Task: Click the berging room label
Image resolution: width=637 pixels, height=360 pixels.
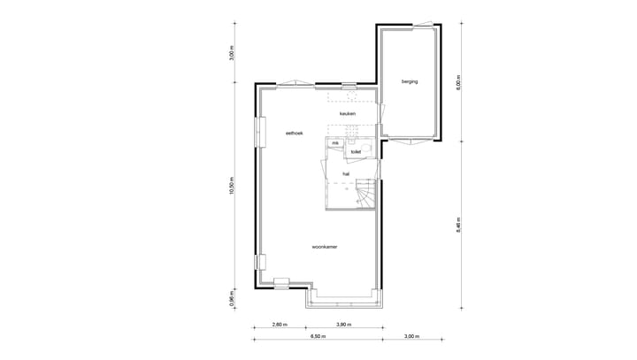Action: pos(409,81)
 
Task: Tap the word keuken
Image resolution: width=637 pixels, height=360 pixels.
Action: pos(347,114)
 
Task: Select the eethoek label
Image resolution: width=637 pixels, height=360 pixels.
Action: pos(295,133)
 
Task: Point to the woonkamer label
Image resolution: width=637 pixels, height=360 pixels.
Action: pos(325,247)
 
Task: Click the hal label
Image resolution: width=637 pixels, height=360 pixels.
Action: pos(346,173)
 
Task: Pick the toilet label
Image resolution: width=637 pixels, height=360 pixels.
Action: pos(356,152)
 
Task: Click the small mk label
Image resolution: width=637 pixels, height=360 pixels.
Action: pos(335,142)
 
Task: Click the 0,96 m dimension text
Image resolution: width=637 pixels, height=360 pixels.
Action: pos(232,299)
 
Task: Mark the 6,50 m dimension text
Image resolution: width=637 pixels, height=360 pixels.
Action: pos(317,337)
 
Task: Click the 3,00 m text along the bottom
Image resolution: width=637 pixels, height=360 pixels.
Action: pos(411,337)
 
